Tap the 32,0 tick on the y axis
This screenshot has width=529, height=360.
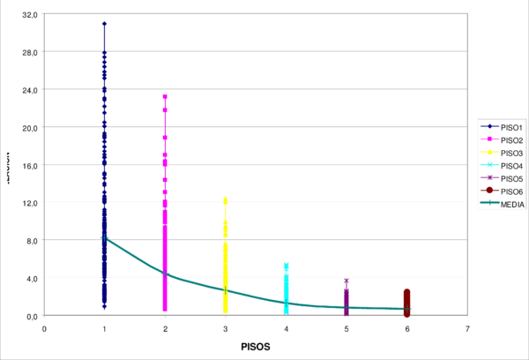(29, 14)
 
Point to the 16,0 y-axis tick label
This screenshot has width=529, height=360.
(29, 165)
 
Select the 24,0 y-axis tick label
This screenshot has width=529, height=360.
(29, 90)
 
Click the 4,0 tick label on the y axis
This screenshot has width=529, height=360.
(31, 278)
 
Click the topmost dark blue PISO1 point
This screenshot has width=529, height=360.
(104, 24)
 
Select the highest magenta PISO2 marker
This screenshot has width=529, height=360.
(165, 97)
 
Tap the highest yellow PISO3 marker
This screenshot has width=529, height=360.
(226, 199)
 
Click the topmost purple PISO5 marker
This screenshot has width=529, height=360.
(346, 281)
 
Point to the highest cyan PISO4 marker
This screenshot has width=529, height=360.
(286, 265)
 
